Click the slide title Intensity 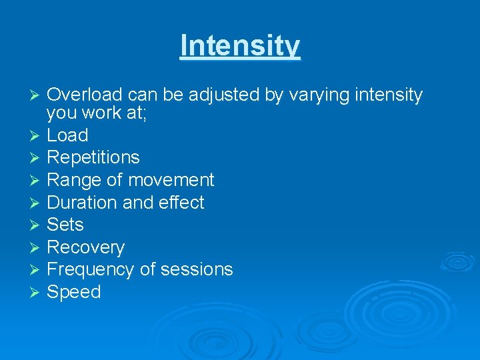click(240, 46)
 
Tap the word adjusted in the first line click(224, 95)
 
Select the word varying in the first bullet click(319, 96)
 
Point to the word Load click(67, 135)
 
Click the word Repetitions click(93, 158)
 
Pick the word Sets click(65, 225)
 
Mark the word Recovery click(86, 247)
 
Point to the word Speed click(74, 293)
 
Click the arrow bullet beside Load click(37, 136)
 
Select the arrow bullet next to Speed click(37, 293)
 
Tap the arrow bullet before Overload click(37, 96)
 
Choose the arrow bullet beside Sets click(37, 225)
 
